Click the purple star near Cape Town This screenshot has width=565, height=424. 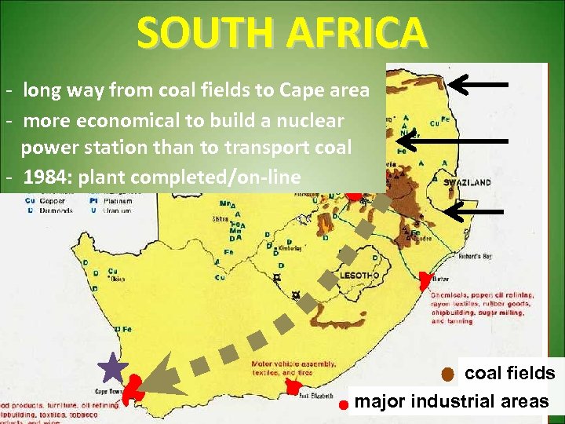pos(114,367)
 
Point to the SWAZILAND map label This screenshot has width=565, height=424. pos(467,182)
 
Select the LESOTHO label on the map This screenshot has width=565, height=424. pos(360,276)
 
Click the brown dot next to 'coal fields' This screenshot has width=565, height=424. pos(447,374)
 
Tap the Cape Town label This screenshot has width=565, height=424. pos(107,391)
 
